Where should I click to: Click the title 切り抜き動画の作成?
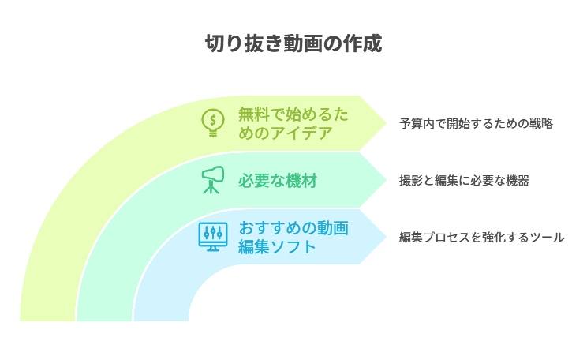pyautogui.click(x=293, y=43)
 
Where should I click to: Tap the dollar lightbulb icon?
pyautogui.click(x=213, y=123)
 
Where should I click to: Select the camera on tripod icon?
pyautogui.click(x=213, y=180)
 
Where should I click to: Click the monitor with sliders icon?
pyautogui.click(x=213, y=237)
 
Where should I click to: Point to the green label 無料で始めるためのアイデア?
pyautogui.click(x=293, y=123)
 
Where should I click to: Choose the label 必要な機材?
pyautogui.click(x=278, y=181)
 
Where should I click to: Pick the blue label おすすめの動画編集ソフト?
pyautogui.click(x=293, y=237)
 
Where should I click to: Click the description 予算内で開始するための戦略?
pyautogui.click(x=477, y=124)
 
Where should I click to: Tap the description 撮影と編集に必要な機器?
pyautogui.click(x=464, y=181)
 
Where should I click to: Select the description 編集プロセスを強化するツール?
pyautogui.click(x=482, y=237)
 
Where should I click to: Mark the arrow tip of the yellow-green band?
pyautogui.click(x=387, y=123)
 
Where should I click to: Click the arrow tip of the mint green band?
pyautogui.click(x=387, y=180)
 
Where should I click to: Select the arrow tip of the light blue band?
pyautogui.click(x=387, y=237)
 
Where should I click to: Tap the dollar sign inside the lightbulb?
pyautogui.click(x=213, y=120)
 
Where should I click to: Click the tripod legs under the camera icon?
pyautogui.click(x=211, y=188)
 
